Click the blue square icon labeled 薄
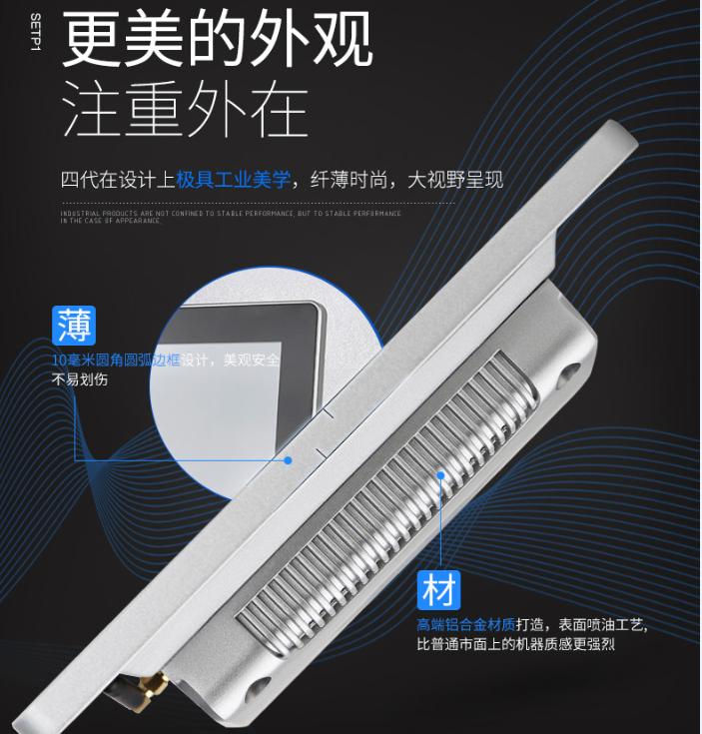(x=74, y=327)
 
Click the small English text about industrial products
(x=230, y=217)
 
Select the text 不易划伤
(x=79, y=379)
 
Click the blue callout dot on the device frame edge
(x=288, y=460)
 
